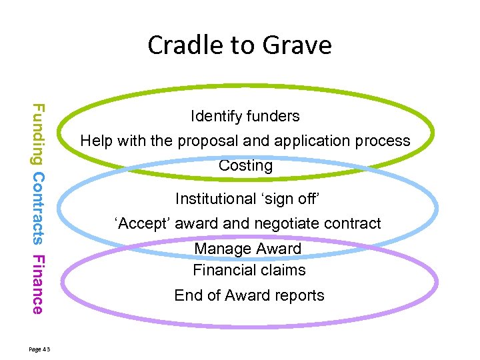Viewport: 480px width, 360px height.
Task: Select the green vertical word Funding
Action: [x=38, y=133]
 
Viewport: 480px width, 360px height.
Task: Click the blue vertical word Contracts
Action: [x=38, y=208]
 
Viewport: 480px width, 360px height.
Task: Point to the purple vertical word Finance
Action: [x=38, y=284]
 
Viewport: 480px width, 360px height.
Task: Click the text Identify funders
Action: [x=245, y=116]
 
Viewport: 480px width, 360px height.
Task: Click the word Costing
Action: [x=245, y=166]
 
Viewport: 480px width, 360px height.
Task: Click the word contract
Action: [x=355, y=223]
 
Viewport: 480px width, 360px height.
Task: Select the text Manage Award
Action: [x=247, y=249]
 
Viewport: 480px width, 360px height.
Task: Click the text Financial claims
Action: [x=249, y=270]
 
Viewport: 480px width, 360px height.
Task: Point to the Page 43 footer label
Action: [x=45, y=349]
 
